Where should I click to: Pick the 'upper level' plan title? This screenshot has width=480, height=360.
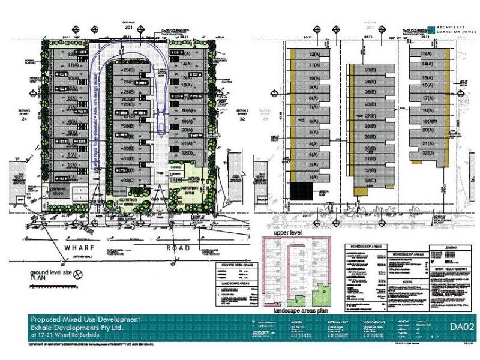click(x=286, y=230)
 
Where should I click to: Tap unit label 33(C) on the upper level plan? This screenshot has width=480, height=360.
click(x=370, y=181)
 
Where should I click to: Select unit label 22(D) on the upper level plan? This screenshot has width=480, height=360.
click(x=428, y=153)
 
